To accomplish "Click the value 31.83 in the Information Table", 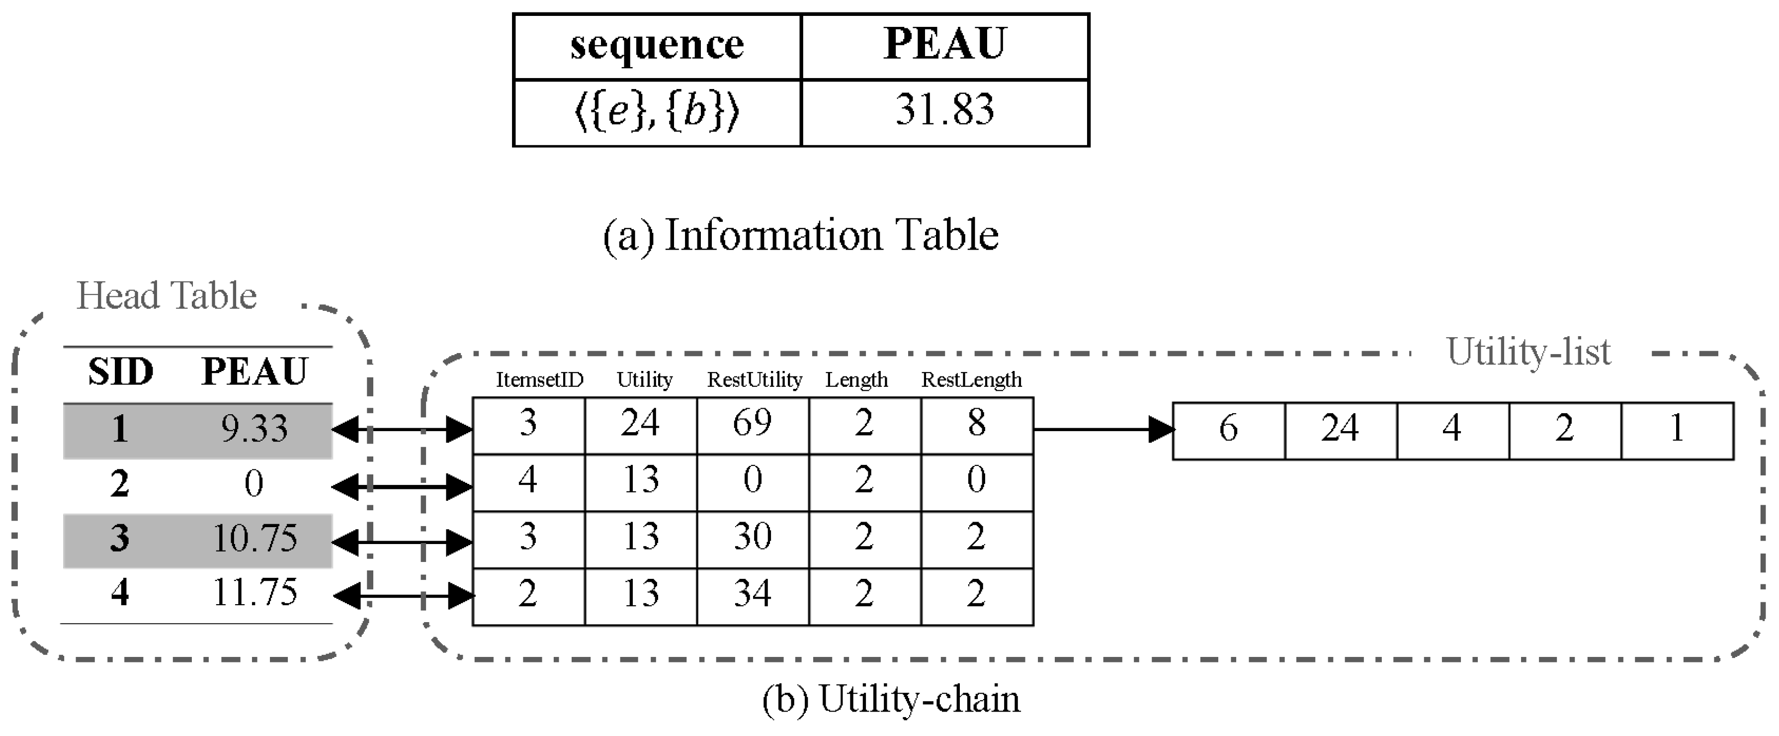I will (945, 110).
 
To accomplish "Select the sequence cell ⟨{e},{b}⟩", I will (657, 112).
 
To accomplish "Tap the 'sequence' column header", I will (657, 46).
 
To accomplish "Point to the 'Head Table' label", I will (167, 296).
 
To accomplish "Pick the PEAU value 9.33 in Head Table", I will (254, 429).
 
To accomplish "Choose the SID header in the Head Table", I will (120, 372).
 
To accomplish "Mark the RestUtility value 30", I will (752, 538).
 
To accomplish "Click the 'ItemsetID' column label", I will (539, 380).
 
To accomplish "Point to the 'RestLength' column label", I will (971, 380).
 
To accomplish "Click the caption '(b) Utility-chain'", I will (891, 699).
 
